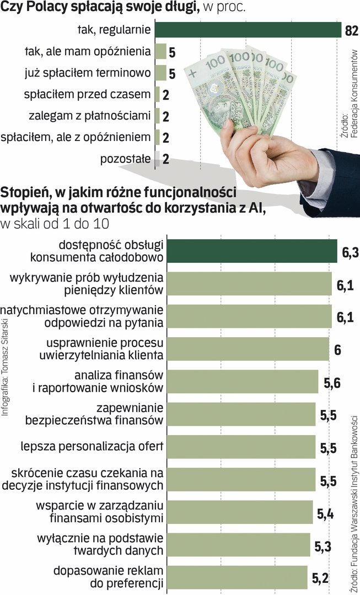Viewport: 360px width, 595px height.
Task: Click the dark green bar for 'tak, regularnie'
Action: (x=248, y=30)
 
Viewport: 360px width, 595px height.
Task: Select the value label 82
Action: (x=351, y=30)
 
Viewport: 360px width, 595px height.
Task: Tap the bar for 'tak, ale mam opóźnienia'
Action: (x=160, y=52)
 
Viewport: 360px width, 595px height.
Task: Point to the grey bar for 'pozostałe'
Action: (x=158, y=160)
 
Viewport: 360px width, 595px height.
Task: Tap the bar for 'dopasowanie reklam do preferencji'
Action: (x=237, y=577)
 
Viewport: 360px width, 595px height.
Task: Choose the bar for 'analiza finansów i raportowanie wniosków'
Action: (x=243, y=382)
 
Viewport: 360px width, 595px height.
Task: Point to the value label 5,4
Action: (x=325, y=514)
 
